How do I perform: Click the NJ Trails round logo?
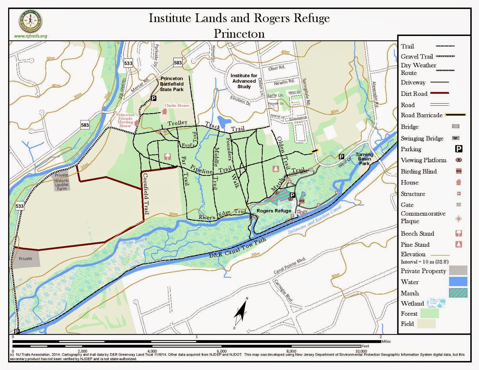tap(31, 21)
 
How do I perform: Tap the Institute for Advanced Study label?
tap(244, 81)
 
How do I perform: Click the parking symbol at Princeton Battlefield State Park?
tap(154, 98)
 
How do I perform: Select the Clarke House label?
tap(177, 105)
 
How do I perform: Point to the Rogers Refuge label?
tap(274, 211)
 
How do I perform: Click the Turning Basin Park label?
tap(364, 159)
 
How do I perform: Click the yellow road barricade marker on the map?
tap(315, 151)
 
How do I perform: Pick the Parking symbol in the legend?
tap(459, 149)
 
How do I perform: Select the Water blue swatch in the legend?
tap(458, 282)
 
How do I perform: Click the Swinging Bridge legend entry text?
tap(422, 138)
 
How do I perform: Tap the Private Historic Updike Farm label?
tap(62, 182)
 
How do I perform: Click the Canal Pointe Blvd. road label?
tap(290, 266)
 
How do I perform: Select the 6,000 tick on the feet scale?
tap(222, 351)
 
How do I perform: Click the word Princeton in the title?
tap(239, 34)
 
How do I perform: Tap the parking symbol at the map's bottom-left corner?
tap(17, 331)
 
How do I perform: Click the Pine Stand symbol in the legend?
tap(458, 244)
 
